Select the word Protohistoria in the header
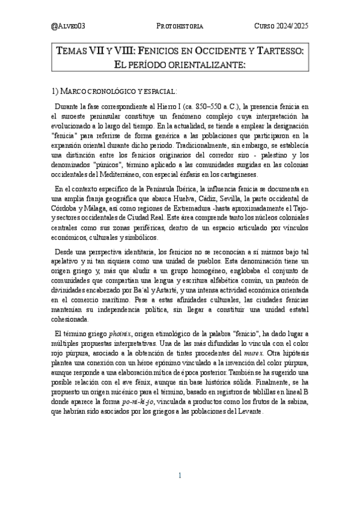tap(180, 26)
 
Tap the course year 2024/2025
tap(281, 26)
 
